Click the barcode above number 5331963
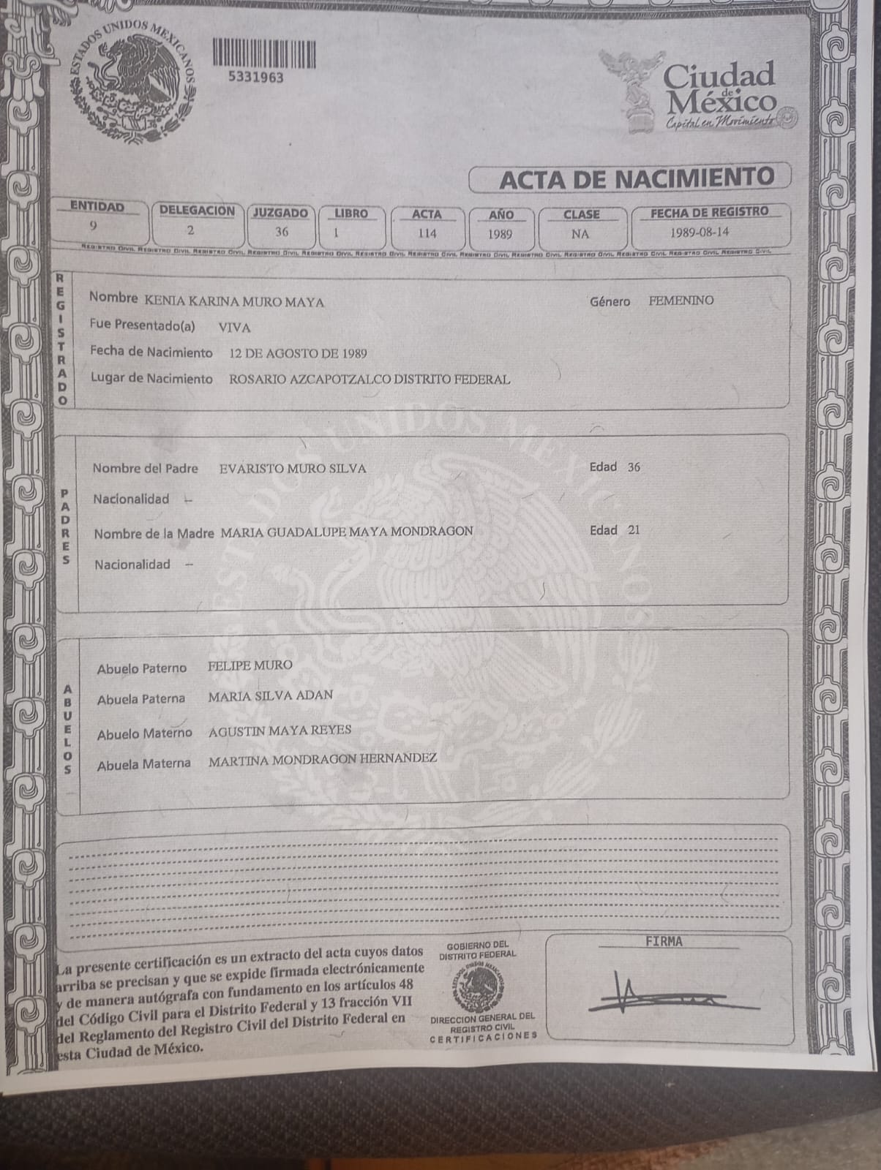tap(264, 53)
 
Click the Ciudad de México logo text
tap(720, 88)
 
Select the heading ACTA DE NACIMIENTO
tap(636, 178)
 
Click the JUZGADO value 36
tap(282, 232)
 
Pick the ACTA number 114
tap(427, 233)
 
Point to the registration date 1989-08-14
tap(699, 233)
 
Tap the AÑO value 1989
tap(500, 235)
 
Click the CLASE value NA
tap(580, 235)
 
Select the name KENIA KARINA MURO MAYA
tap(234, 301)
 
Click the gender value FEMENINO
tap(681, 301)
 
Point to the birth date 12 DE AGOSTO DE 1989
tap(298, 353)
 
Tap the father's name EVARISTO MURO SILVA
tap(293, 468)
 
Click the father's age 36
tap(634, 467)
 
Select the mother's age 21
tap(634, 529)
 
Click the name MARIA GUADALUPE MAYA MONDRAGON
tap(347, 532)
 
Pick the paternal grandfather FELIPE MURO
tap(250, 665)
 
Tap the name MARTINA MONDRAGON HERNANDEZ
tap(323, 759)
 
